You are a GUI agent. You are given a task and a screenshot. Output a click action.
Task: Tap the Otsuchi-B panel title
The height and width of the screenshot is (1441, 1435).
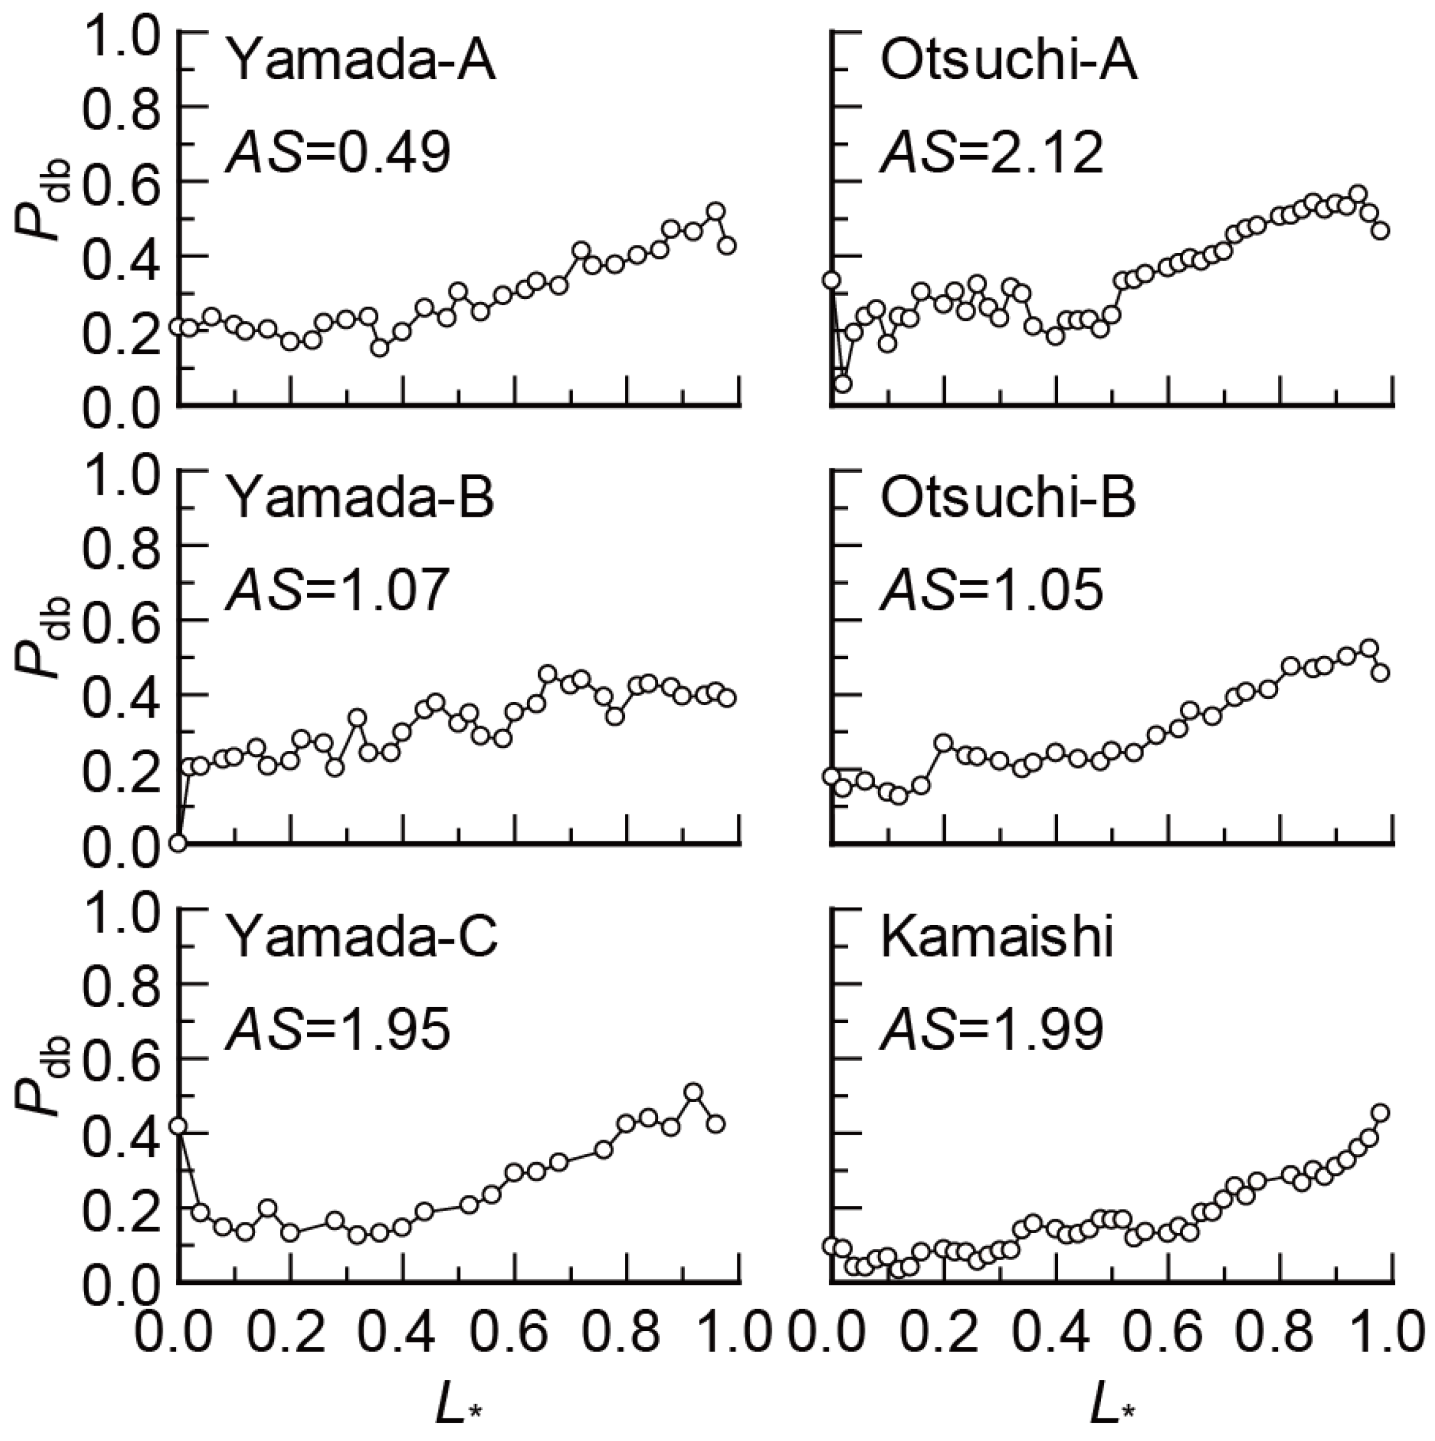[1009, 500]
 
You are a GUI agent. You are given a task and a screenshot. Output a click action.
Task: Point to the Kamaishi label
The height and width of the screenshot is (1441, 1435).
[997, 937]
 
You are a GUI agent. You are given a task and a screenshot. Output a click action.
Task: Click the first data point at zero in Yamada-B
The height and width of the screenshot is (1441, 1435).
[178, 843]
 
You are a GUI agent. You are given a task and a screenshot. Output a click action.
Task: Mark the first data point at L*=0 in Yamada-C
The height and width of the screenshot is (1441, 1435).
[178, 1126]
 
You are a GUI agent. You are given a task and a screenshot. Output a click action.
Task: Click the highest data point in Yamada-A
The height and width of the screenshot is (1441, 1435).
[716, 211]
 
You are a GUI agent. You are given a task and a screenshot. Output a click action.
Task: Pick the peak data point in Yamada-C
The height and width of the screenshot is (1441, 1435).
[693, 1092]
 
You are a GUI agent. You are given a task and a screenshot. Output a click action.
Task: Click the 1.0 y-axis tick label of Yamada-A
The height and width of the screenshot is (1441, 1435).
[119, 33]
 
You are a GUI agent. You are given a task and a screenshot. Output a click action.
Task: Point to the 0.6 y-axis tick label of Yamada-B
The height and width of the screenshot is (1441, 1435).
[119, 620]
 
